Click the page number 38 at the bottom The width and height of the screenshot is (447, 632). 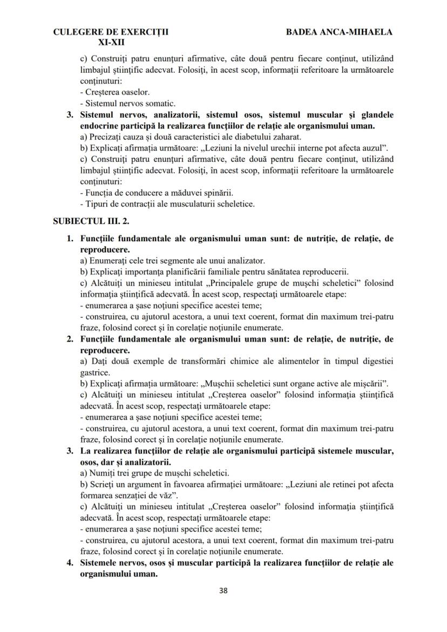(x=223, y=590)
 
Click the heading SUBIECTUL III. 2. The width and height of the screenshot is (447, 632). (x=91, y=221)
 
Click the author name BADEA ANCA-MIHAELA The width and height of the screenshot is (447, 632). (x=339, y=32)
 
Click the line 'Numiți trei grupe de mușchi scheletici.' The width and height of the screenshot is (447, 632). (x=155, y=472)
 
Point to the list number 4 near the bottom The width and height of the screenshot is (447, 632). (x=69, y=562)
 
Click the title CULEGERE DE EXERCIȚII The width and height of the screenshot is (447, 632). (x=111, y=32)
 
